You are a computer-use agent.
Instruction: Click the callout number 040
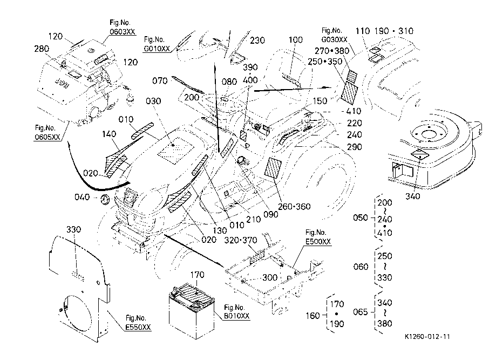pyautogui.click(x=83, y=197)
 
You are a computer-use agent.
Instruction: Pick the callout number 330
pyautogui.click(x=73, y=229)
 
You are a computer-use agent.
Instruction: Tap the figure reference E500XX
pyautogui.click(x=318, y=242)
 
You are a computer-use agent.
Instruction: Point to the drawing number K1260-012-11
pyautogui.click(x=427, y=337)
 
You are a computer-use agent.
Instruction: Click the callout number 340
pyautogui.click(x=413, y=197)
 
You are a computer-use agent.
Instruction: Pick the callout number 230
pyautogui.click(x=257, y=40)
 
